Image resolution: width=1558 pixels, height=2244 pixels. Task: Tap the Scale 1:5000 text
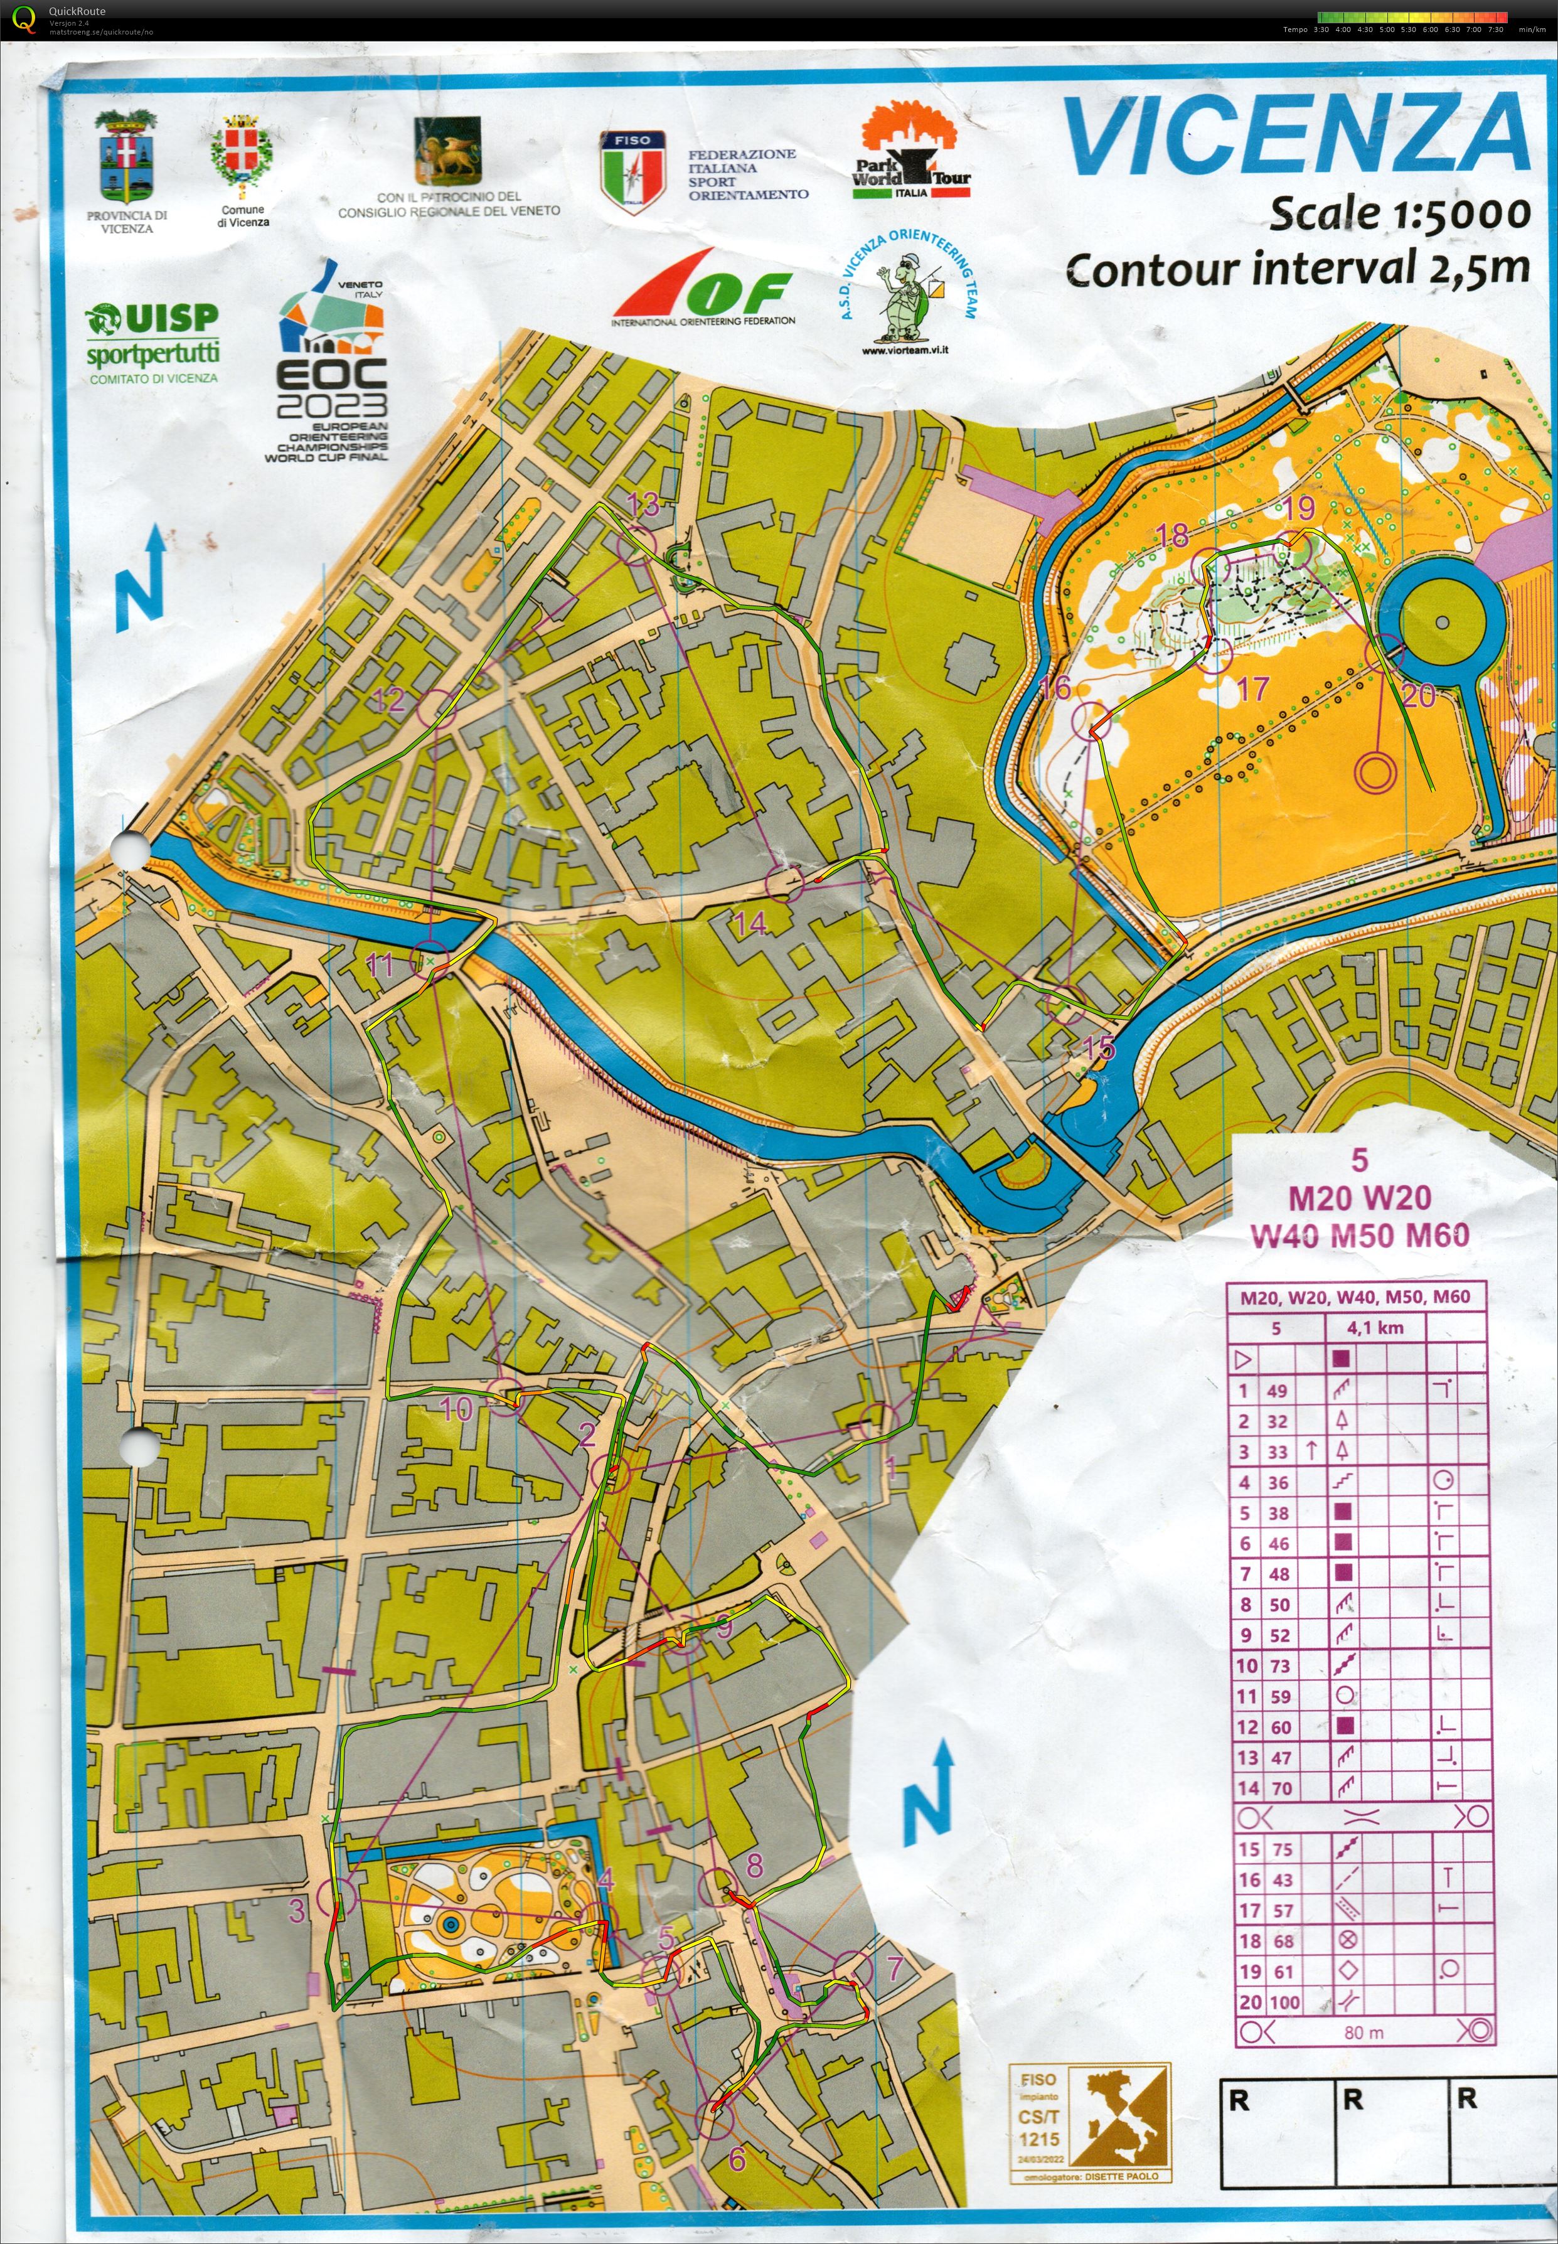pyautogui.click(x=1398, y=213)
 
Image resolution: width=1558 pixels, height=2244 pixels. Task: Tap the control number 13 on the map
pyautogui.click(x=643, y=505)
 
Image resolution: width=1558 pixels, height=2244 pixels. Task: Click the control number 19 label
pyautogui.click(x=1298, y=508)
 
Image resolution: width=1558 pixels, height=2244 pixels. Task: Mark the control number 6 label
pyautogui.click(x=737, y=2158)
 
